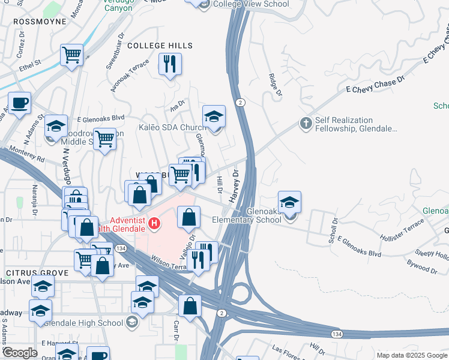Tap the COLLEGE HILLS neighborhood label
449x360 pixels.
click(160, 46)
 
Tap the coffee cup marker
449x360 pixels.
click(19, 102)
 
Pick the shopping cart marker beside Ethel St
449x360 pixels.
click(71, 56)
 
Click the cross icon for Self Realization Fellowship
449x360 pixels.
click(306, 124)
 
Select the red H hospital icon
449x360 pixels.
click(155, 224)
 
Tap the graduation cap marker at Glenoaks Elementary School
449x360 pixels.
click(289, 203)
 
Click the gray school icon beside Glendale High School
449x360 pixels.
click(131, 323)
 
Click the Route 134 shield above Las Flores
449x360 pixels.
click(337, 332)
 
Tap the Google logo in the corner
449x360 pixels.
click(20, 353)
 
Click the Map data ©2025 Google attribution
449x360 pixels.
click(411, 355)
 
